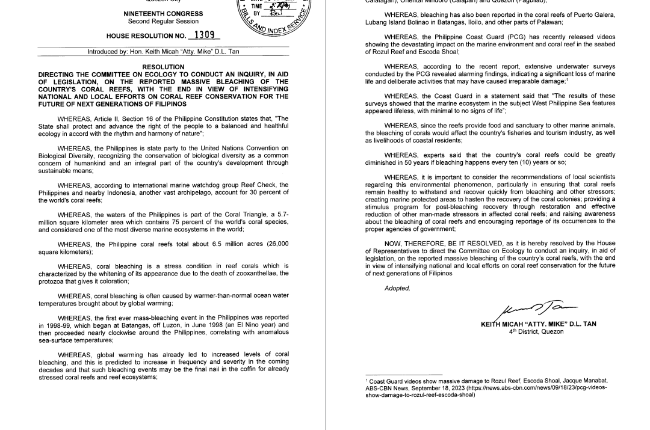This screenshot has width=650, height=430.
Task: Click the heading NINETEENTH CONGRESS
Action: point(163,13)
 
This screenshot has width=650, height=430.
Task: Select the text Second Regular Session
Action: point(163,21)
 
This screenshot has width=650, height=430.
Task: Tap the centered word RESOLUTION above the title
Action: point(163,67)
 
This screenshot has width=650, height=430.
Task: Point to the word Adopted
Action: point(397,288)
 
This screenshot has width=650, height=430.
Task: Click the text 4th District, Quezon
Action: point(536,331)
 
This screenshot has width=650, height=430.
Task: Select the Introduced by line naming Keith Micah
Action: point(163,52)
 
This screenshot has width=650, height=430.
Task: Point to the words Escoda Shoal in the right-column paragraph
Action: point(413,52)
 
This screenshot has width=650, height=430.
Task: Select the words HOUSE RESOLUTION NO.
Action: point(146,36)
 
